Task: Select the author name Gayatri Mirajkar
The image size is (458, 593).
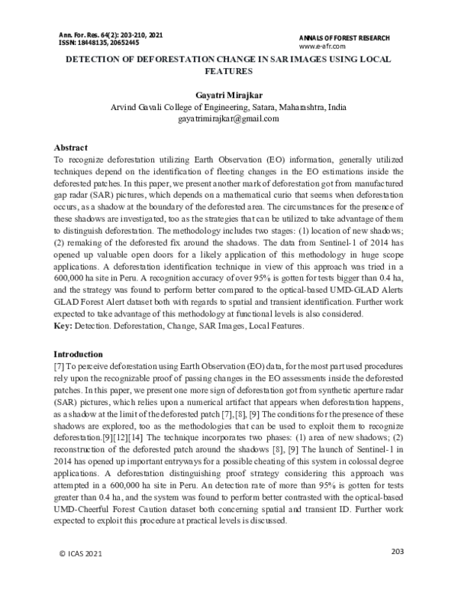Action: click(x=229, y=96)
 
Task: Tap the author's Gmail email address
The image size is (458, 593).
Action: click(x=229, y=119)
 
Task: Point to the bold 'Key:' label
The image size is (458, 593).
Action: click(x=63, y=325)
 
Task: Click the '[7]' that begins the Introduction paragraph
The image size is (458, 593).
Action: click(x=60, y=367)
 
